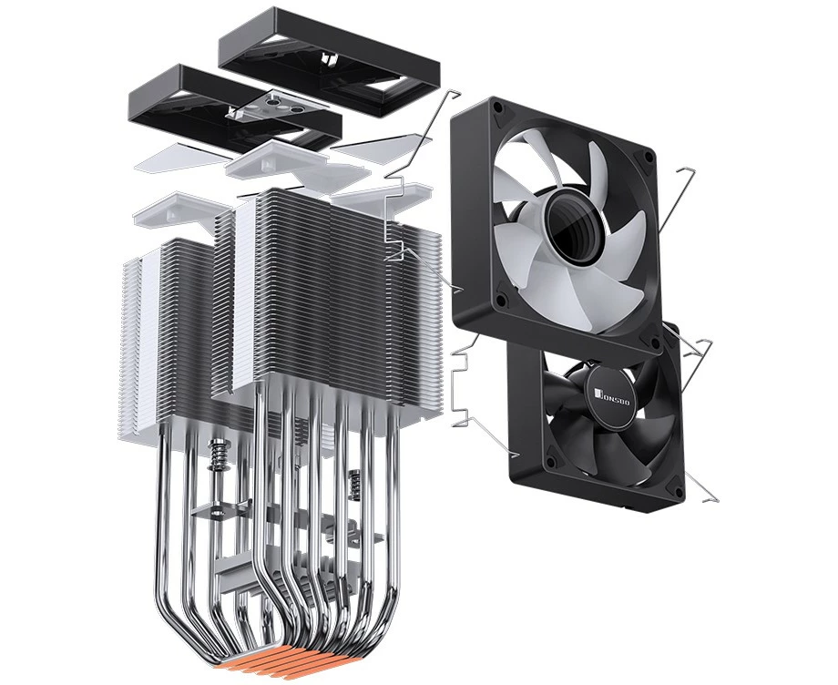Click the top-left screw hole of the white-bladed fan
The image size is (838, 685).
tap(498, 107)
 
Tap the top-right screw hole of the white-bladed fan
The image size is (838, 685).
tap(649, 157)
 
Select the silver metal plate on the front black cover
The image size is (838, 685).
tap(278, 106)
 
